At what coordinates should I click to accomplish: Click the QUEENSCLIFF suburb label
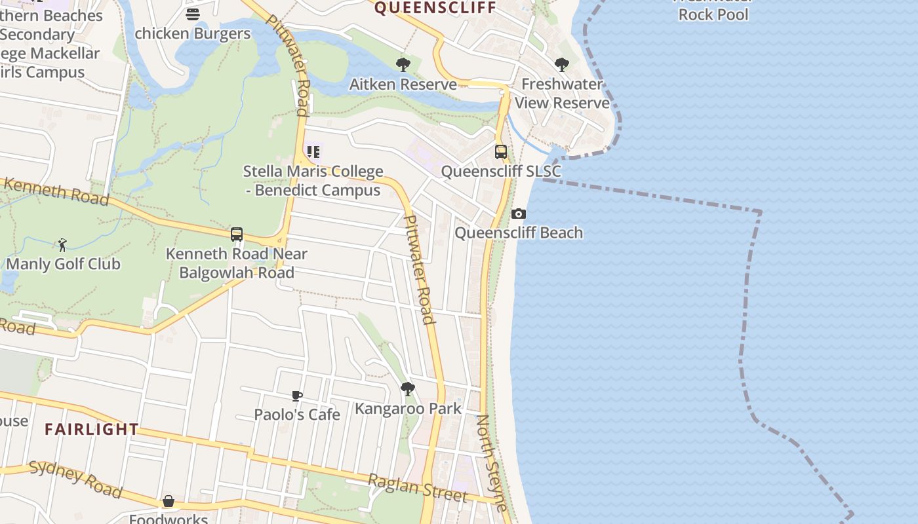pyautogui.click(x=435, y=8)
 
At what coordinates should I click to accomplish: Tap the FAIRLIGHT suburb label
pyautogui.click(x=92, y=430)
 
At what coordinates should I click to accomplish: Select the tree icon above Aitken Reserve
pyautogui.click(x=403, y=65)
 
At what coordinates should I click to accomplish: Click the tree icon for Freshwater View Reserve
pyautogui.click(x=561, y=65)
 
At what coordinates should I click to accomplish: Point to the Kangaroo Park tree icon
pyautogui.click(x=408, y=389)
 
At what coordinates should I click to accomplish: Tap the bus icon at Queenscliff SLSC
pyautogui.click(x=501, y=152)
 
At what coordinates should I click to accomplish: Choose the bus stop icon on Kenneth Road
pyautogui.click(x=237, y=234)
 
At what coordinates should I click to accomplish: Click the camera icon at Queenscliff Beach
pyautogui.click(x=519, y=214)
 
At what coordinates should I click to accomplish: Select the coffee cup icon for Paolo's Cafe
pyautogui.click(x=297, y=396)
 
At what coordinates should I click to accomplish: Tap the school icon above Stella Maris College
pyautogui.click(x=313, y=152)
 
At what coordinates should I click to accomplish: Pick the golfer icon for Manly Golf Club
pyautogui.click(x=62, y=245)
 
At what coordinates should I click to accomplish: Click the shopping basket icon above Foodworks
pyautogui.click(x=169, y=501)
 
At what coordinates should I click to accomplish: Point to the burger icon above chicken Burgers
pyautogui.click(x=193, y=14)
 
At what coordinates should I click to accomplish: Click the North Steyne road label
pyautogui.click(x=492, y=462)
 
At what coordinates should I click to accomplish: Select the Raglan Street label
pyautogui.click(x=418, y=489)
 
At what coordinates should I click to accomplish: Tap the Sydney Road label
pyautogui.click(x=76, y=479)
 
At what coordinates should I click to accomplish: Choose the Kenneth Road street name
pyautogui.click(x=56, y=190)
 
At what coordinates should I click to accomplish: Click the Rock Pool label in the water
pyautogui.click(x=713, y=14)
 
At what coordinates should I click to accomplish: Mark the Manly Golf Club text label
pyautogui.click(x=64, y=264)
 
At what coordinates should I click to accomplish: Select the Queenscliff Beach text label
pyautogui.click(x=519, y=233)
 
